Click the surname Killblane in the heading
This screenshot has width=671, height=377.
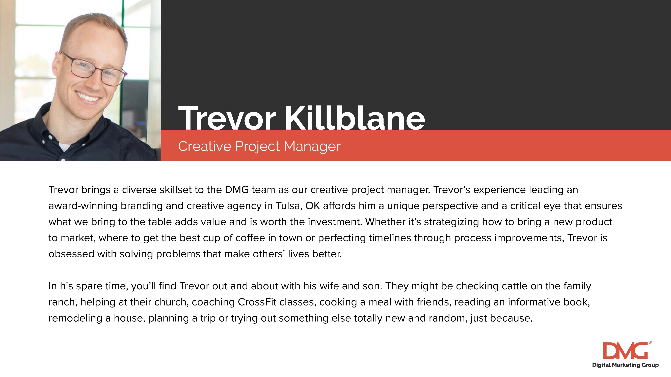(x=355, y=118)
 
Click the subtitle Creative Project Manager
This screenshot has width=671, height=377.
(x=259, y=146)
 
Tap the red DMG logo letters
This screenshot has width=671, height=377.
(x=625, y=351)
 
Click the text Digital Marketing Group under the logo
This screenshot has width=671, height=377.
(x=625, y=365)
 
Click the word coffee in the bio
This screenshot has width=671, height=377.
(x=250, y=238)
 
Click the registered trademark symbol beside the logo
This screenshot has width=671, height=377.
(x=650, y=343)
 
